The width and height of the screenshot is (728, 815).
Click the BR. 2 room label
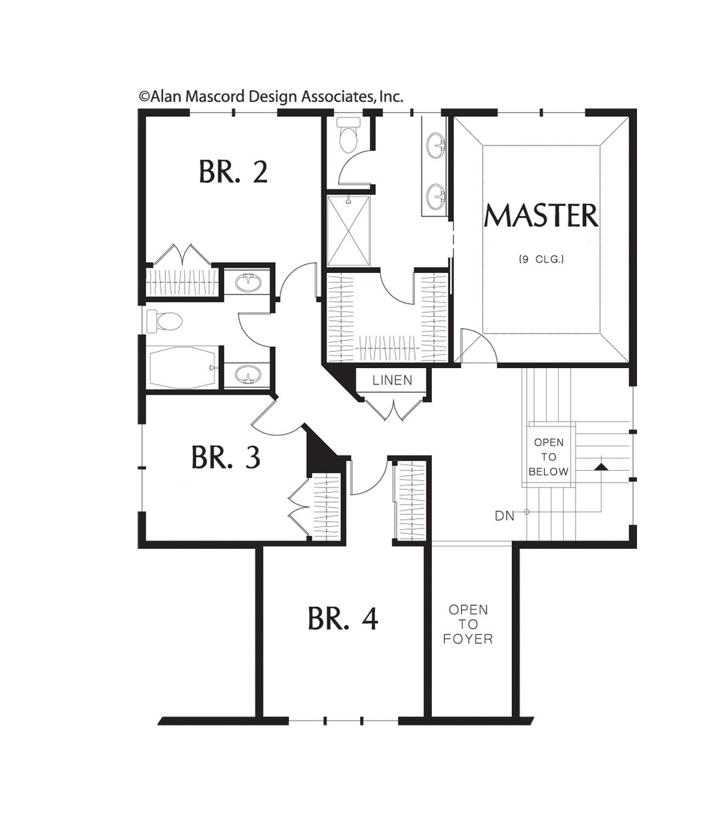coord(234,172)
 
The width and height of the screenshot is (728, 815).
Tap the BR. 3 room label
coord(225,456)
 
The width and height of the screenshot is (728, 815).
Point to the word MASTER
coord(541,216)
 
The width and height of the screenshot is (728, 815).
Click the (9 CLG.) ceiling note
coord(541,259)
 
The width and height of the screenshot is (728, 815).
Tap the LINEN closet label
coord(392,380)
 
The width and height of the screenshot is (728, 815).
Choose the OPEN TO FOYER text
coord(468,624)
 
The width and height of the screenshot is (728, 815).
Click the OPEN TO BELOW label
coord(549,456)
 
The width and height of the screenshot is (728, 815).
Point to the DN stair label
coord(505,515)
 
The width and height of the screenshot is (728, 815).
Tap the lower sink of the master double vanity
coord(436,197)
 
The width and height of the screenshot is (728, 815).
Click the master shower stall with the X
coord(348,231)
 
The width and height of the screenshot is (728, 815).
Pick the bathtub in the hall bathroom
coord(183,367)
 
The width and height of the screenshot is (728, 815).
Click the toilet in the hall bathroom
coord(164,321)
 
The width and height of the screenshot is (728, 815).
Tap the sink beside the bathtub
coord(247,374)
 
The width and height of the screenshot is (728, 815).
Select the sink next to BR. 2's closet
coord(247,282)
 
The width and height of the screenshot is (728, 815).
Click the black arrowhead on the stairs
coord(601,467)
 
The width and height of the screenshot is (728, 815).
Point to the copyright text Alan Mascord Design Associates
coord(271,96)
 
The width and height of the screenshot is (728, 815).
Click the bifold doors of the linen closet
coord(394,410)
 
